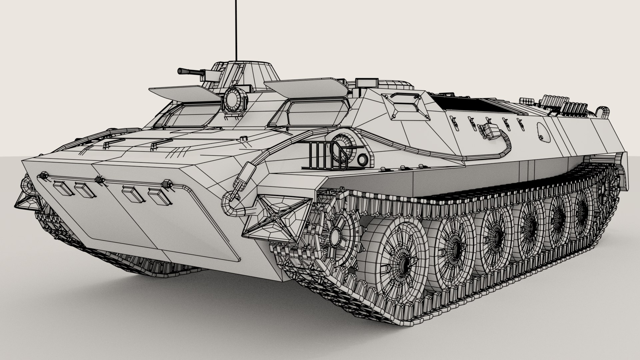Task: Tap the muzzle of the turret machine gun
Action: tap(180, 71)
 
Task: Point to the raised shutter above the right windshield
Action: tap(307, 88)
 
